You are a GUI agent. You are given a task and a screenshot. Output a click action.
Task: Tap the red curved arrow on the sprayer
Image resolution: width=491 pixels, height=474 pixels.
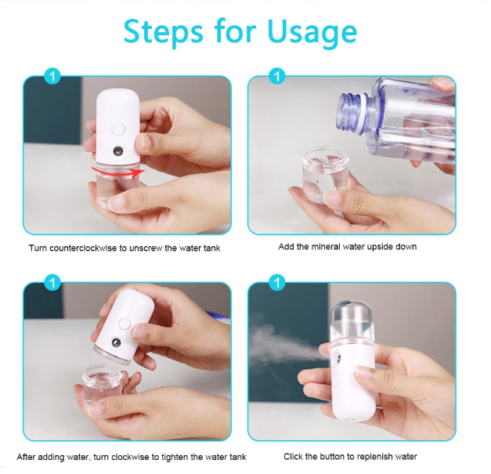click(117, 172)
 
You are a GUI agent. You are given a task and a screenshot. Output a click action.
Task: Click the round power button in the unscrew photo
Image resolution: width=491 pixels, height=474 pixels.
click(118, 129)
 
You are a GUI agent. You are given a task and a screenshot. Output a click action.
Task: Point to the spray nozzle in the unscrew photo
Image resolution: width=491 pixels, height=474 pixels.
click(118, 152)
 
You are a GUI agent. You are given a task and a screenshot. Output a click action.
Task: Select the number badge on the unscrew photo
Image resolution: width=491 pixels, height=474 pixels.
click(52, 77)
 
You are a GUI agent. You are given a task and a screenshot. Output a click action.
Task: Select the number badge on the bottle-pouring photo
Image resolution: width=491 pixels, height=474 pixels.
click(276, 77)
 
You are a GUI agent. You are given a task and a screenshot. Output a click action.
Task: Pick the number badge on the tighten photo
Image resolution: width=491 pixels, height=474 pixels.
click(52, 283)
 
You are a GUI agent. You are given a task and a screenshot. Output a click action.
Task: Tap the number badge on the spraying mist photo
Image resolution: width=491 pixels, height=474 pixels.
click(276, 283)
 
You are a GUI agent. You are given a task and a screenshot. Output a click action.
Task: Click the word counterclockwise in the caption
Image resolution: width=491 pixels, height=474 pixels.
click(84, 248)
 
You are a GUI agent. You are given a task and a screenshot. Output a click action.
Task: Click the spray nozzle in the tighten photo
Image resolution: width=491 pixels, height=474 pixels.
click(117, 342)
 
